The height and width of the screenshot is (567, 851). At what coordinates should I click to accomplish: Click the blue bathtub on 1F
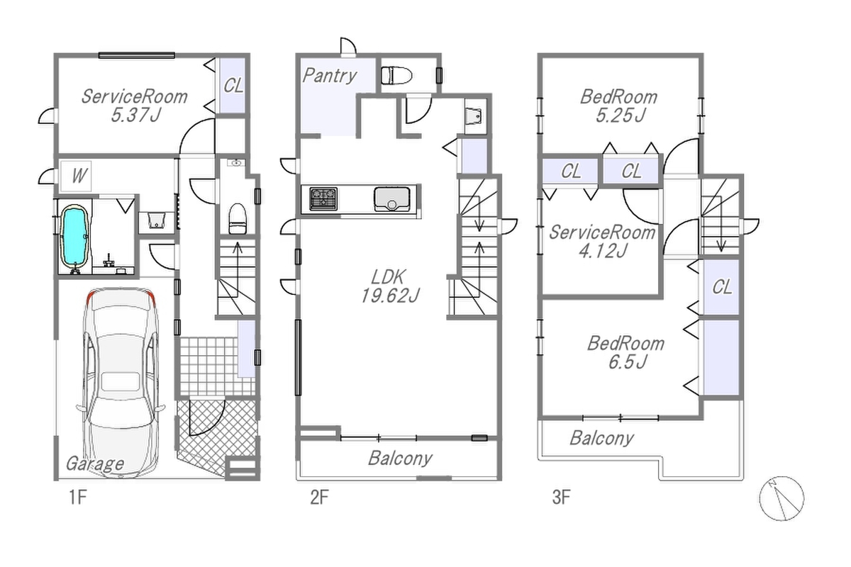point(75,236)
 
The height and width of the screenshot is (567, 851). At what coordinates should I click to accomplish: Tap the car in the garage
point(121,383)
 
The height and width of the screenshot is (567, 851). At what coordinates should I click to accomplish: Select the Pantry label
point(329,76)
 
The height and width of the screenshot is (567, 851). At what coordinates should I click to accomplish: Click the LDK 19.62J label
point(389,286)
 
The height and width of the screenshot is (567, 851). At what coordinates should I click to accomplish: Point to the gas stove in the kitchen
point(323,198)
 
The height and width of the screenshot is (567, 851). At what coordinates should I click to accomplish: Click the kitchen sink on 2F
point(391,198)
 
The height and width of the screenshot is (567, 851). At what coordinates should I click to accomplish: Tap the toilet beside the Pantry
point(396,76)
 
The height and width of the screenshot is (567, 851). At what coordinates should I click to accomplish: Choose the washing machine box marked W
point(76,176)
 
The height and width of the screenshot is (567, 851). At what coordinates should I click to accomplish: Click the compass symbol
point(782,498)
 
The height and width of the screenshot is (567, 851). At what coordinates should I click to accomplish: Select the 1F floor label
point(78,497)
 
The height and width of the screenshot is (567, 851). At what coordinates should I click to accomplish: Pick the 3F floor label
point(561,497)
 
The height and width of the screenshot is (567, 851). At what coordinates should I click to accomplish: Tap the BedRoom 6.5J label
point(626,352)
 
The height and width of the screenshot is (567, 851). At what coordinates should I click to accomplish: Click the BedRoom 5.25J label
point(619,106)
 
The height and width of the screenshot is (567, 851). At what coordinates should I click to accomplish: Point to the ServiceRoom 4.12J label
point(602,242)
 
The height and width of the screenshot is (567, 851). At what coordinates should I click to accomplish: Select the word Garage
point(95,464)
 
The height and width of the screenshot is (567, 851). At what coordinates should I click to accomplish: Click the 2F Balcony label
point(400,458)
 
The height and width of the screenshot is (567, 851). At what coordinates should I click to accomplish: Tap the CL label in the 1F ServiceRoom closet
point(233,86)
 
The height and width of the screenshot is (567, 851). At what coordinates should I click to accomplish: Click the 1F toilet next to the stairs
point(238,219)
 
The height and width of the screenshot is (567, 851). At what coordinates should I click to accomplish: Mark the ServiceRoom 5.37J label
point(135,106)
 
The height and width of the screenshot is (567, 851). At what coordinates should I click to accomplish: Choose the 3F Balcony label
point(602,438)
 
